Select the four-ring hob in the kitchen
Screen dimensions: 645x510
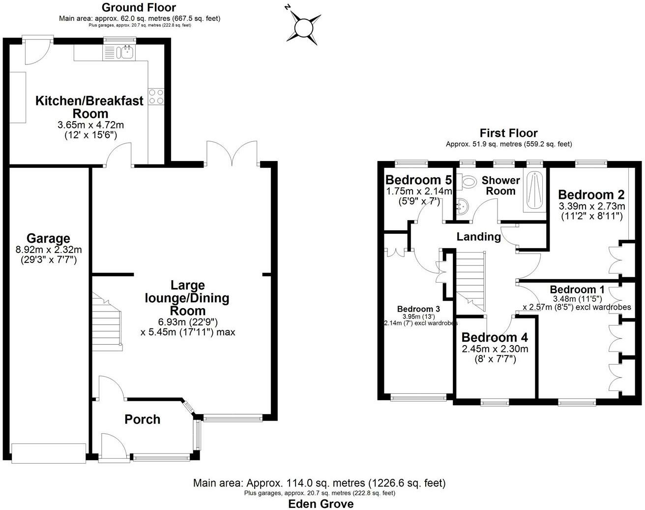click(x=156, y=96)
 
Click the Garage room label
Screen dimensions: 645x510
click(x=48, y=239)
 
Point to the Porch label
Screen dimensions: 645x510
click(x=142, y=419)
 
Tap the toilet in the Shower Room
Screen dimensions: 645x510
click(x=467, y=182)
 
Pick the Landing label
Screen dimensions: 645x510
click(x=478, y=237)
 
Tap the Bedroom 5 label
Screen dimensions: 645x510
click(x=418, y=180)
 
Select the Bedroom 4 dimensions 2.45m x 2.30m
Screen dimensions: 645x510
click(x=495, y=349)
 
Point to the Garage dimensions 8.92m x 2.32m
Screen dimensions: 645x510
click(x=49, y=250)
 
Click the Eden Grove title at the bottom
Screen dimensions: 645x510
click(x=320, y=504)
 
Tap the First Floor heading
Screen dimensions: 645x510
click(x=508, y=133)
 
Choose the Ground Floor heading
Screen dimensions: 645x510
click(x=139, y=7)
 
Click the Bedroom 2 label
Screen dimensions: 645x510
click(x=591, y=194)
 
